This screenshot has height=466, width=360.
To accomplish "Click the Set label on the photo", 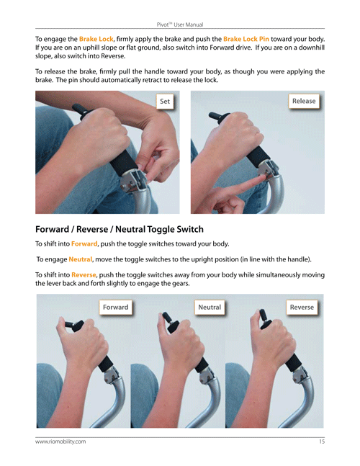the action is [165, 102].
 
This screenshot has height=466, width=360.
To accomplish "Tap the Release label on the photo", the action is [304, 101].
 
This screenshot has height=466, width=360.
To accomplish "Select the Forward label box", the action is [115, 307].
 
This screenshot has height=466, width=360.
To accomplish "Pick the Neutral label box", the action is [210, 307].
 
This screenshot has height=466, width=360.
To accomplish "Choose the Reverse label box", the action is [302, 307].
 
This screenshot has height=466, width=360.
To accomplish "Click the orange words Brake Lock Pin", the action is [246, 39].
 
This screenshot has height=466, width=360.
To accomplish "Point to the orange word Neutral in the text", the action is [80, 259].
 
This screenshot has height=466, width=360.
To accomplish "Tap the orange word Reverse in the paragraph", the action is [84, 274].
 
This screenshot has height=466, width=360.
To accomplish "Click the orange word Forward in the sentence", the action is [84, 243].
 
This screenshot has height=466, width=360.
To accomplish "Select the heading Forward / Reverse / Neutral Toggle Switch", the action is [120, 229].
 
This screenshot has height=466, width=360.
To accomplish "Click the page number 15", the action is [322, 442].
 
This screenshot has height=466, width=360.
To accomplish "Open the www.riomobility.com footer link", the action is [60, 442].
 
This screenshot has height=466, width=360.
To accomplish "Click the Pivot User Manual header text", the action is [180, 24].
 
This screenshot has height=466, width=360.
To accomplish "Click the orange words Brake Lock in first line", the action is [96, 39].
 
